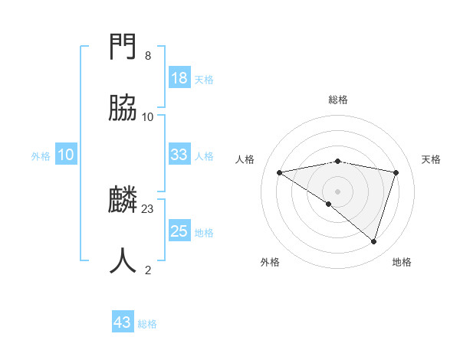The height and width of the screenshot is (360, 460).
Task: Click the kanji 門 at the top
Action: point(123,47)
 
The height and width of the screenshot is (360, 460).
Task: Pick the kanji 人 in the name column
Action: point(123,261)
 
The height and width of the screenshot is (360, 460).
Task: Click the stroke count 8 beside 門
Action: point(147,56)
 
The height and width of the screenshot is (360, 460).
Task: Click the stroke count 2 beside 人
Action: point(147,270)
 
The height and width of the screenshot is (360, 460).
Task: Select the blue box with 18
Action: point(179,78)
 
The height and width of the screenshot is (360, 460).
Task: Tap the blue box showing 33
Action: point(179,155)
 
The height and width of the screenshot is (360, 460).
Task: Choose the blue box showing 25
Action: point(179,231)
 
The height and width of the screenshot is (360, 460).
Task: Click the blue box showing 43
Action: point(123,322)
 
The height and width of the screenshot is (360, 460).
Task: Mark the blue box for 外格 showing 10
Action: point(66,155)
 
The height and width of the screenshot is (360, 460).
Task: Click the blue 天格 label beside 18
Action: point(204,80)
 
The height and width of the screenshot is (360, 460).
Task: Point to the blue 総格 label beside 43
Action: point(147,324)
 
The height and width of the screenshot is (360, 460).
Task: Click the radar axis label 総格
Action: point(338,100)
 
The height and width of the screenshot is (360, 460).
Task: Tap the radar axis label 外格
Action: point(270,262)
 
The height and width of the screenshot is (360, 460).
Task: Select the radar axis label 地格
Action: point(402,262)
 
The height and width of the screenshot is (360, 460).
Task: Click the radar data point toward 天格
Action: point(396,172)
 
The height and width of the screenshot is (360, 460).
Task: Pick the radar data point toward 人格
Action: point(279,172)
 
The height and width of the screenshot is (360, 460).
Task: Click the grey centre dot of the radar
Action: point(337,191)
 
